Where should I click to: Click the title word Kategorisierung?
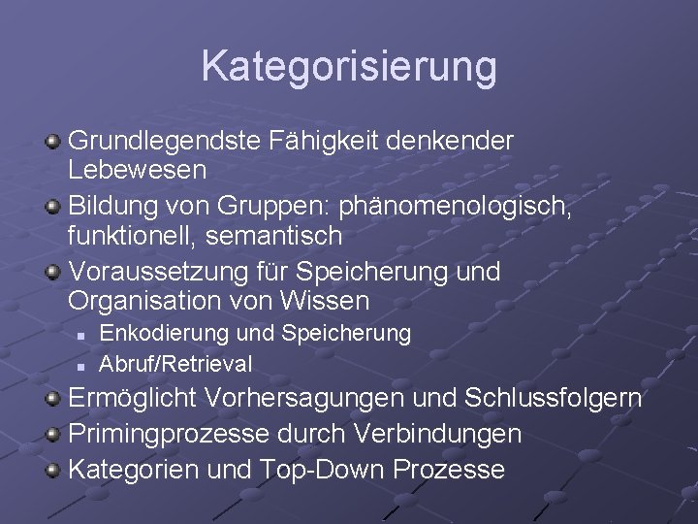point(349,67)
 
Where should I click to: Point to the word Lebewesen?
point(137,170)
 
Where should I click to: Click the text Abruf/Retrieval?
point(176,364)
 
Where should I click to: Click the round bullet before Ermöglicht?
point(54,398)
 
